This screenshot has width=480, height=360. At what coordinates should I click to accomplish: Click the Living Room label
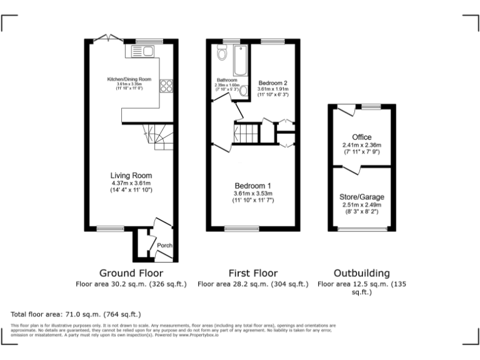[132, 175]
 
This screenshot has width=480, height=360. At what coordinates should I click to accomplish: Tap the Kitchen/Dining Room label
[129, 79]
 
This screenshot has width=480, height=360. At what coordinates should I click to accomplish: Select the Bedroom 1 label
[253, 186]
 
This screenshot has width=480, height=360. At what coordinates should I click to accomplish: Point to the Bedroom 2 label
[272, 82]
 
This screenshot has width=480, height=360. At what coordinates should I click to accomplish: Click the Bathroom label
[227, 80]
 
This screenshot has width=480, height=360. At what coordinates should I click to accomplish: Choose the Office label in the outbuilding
[361, 137]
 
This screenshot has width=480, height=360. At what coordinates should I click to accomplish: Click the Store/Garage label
[361, 197]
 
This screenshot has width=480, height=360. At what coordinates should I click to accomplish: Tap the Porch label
[164, 246]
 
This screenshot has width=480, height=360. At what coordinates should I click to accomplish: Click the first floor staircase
[245, 134]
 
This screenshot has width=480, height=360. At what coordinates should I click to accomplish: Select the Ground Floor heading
[131, 273]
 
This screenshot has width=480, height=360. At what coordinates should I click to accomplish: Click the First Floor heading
[252, 273]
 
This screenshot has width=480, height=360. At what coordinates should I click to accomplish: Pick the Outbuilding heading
[361, 273]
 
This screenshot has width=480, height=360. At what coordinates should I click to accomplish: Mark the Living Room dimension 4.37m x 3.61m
[132, 182]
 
